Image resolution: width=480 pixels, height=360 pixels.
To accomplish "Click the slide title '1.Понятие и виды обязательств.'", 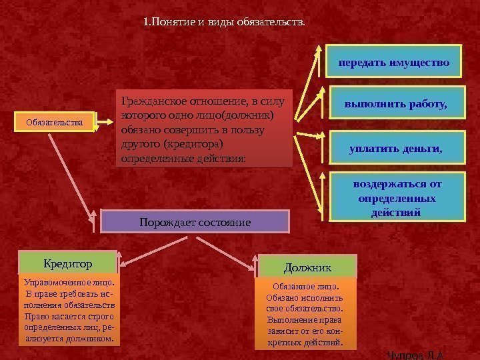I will pos(224,23).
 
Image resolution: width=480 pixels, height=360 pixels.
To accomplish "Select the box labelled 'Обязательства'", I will pos(54,122).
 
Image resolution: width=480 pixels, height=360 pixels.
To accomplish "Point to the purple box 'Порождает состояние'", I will pos(195,221).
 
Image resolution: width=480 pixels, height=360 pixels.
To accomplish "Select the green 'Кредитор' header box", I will pos(68,263).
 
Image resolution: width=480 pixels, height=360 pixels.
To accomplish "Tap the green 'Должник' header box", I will pos(307,267).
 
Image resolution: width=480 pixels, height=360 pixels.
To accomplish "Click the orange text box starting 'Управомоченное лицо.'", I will pos(68,311).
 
